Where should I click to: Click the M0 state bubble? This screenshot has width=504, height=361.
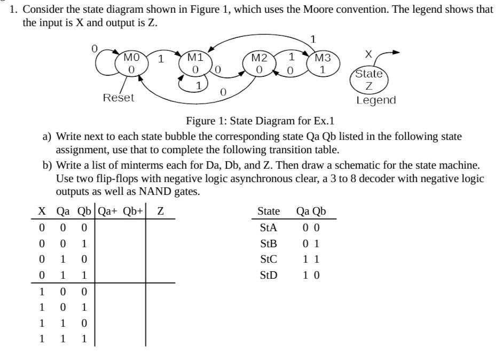click(x=131, y=63)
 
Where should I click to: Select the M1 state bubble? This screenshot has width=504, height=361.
click(x=195, y=64)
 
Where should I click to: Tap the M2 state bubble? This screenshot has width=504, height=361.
click(x=259, y=64)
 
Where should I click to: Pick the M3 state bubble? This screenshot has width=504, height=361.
click(x=322, y=64)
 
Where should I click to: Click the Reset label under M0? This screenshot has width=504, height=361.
click(x=119, y=98)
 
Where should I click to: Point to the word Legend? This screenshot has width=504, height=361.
click(x=376, y=100)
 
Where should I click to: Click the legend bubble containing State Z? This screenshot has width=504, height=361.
click(x=369, y=79)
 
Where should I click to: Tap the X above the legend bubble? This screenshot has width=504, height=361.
click(x=368, y=54)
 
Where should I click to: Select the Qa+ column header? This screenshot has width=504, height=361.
click(x=109, y=211)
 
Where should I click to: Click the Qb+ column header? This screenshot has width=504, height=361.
click(x=133, y=211)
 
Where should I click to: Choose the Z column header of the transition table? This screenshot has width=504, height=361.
click(x=160, y=211)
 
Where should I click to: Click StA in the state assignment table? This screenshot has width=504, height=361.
click(x=268, y=227)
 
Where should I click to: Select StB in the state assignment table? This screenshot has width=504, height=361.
click(x=268, y=244)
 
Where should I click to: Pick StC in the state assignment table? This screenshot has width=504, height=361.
click(x=268, y=260)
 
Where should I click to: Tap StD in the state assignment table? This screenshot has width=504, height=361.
click(x=269, y=276)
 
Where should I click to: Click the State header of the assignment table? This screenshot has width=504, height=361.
click(x=269, y=211)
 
